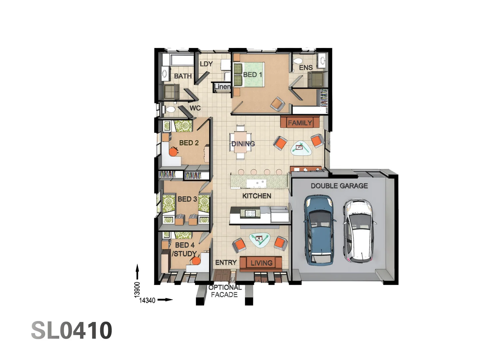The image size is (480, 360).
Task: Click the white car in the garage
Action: coord(359,230)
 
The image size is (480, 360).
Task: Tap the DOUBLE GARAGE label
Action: coord(339,186)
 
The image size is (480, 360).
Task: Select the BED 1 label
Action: coord(253,75)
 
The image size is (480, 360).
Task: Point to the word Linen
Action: coord(222,87)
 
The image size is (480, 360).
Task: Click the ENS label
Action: coord(306,68)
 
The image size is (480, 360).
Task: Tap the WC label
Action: coord(195,108)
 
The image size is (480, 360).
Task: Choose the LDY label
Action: coord(206,64)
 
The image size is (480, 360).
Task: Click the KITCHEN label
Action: coord(257,196)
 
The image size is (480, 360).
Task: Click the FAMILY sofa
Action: coord(300,123)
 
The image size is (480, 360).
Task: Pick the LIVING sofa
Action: coord(261,263)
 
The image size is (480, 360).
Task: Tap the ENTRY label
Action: coord(226,263)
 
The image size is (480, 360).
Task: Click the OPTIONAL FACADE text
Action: coord(225,291)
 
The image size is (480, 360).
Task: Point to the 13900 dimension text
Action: coord(137,289)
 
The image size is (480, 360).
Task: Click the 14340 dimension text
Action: coord(147,300)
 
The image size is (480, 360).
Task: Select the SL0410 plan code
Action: coord(72,330)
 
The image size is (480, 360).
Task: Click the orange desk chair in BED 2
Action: coord(173,152)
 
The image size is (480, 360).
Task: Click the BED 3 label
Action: coord(187,199)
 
